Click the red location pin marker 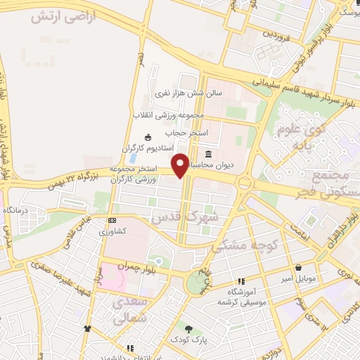pyautogui.click(x=181, y=165)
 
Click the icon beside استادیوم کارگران pyautogui.click(x=147, y=137)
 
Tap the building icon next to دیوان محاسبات pyautogui.click(x=208, y=155)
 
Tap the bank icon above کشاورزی pyautogui.click(x=111, y=220)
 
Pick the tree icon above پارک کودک pyautogui.click(x=188, y=328)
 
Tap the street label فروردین pyautogui.click(x=276, y=32)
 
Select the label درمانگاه pyautogui.click(x=15, y=210)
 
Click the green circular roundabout pyautogui.click(x=198, y=283)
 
